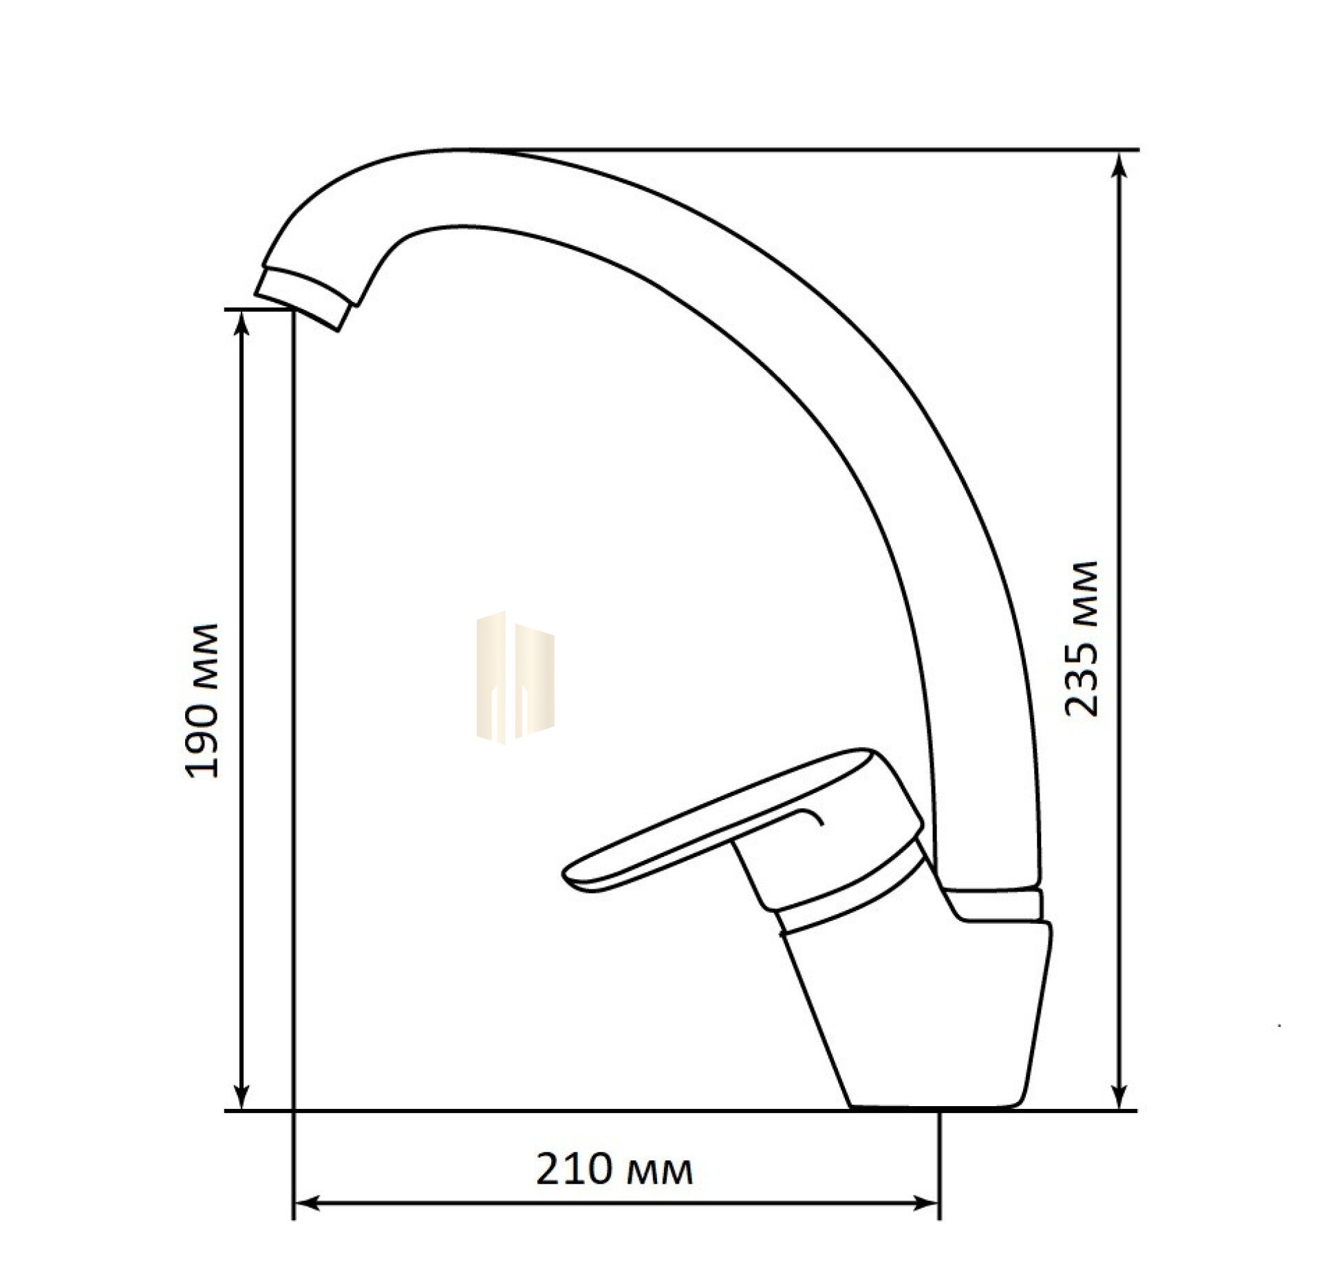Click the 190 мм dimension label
coord(204,700)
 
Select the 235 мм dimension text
coord(1082,639)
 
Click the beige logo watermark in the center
coord(516,678)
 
